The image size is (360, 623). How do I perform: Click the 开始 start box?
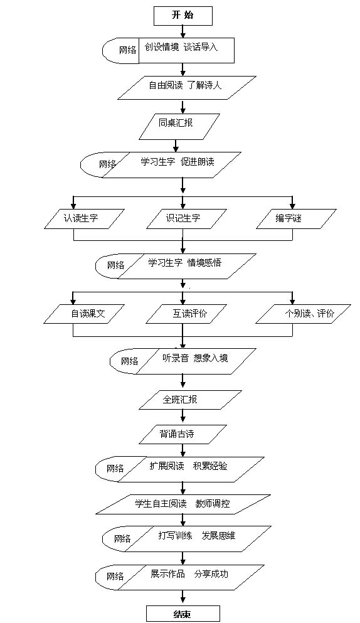(183, 16)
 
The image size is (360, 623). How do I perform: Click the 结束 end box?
(183, 614)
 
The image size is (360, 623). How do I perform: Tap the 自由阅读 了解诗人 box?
(187, 88)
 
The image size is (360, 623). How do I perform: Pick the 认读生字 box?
(82, 219)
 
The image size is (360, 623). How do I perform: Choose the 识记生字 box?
(183, 219)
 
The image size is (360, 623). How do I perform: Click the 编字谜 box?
(296, 219)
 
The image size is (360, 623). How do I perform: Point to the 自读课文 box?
(84, 314)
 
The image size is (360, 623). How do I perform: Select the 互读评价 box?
(187, 314)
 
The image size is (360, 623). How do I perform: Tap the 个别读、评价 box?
(303, 314)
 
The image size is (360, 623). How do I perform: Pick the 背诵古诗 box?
(183, 434)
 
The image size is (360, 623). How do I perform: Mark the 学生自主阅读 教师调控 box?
(184, 504)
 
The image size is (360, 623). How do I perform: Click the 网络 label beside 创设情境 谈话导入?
(127, 50)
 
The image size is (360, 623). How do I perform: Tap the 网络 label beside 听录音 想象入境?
(130, 361)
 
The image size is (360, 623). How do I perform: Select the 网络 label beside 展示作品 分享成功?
(115, 576)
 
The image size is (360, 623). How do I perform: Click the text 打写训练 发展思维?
(197, 536)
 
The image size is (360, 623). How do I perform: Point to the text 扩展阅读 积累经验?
(188, 466)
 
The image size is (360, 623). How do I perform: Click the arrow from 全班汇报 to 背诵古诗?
(183, 417)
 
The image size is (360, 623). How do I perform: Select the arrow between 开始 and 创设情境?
(183, 31)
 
